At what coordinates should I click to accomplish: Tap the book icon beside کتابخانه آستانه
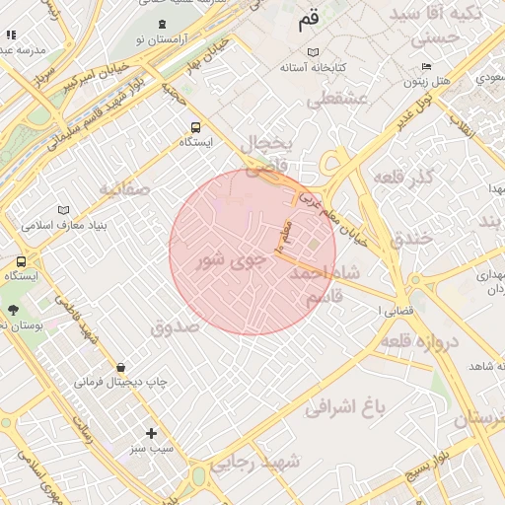point(314,51)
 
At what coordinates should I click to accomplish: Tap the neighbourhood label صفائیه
point(124,187)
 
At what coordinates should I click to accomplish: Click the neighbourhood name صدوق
point(176,325)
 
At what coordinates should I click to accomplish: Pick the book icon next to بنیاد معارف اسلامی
point(64,210)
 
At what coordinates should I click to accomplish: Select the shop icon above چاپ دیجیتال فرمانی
point(120,367)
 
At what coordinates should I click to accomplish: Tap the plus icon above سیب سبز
point(151,433)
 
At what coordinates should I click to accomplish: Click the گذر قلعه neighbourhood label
point(405,176)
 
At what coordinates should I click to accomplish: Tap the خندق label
point(411,237)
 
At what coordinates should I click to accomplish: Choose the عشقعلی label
point(337,99)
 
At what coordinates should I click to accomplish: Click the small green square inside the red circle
point(314,245)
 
